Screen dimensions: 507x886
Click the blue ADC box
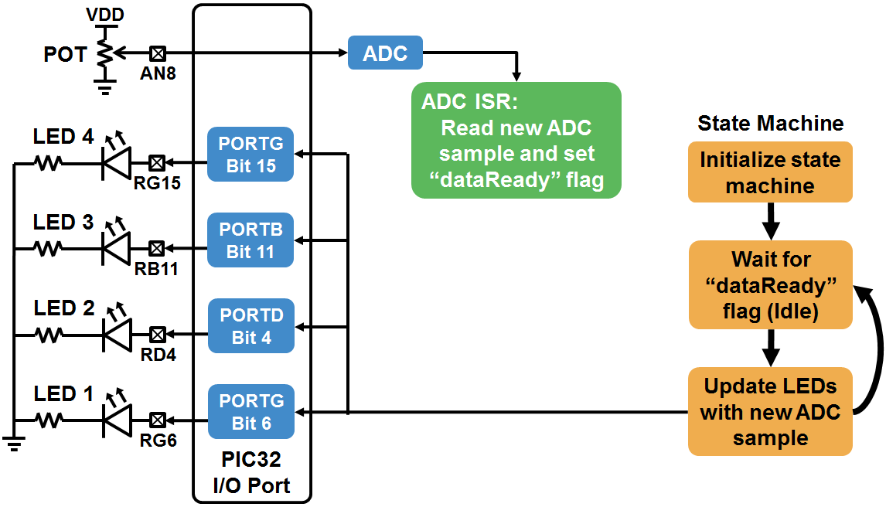tap(385, 54)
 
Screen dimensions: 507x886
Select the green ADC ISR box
tap(516, 140)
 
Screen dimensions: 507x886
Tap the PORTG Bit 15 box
tap(250, 155)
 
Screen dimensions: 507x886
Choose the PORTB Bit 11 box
tap(250, 240)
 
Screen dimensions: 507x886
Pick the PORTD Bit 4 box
tap(250, 326)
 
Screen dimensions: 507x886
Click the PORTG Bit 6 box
tap(250, 412)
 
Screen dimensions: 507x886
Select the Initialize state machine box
tap(770, 172)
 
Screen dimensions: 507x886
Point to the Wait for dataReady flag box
tap(770, 284)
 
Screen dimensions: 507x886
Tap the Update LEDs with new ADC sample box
tap(770, 411)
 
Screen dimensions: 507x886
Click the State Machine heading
tap(770, 124)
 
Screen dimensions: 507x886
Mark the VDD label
tap(105, 15)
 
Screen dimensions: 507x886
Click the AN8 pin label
tap(156, 73)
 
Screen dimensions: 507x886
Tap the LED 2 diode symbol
tap(117, 334)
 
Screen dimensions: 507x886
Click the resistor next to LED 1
tap(49, 420)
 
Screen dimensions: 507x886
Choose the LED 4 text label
tap(63, 138)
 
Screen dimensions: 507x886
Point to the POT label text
tap(65, 55)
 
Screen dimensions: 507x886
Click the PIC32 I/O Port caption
tap(251, 473)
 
